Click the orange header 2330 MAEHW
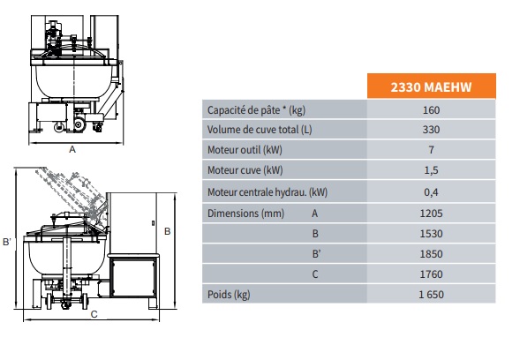(431, 86)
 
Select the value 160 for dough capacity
(431, 109)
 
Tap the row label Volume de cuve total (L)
(260, 130)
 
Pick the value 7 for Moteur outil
(431, 150)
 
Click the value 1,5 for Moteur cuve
(431, 170)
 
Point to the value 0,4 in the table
(431, 192)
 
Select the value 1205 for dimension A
(431, 214)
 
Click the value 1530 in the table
(431, 234)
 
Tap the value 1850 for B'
(431, 254)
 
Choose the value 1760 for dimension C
(431, 274)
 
